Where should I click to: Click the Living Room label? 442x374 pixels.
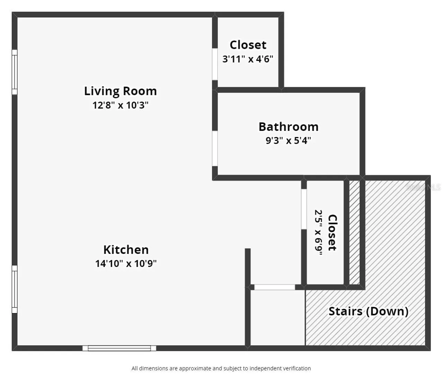[121, 91]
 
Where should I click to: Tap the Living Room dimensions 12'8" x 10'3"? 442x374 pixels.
[121, 105]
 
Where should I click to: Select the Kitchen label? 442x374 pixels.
[126, 250]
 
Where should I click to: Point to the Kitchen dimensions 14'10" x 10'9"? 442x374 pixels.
[126, 264]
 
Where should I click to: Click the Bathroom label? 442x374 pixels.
[289, 127]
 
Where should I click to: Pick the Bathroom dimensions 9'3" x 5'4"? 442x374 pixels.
[289, 141]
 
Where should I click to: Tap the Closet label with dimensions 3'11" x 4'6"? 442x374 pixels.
[248, 45]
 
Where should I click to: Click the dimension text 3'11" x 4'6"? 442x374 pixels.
[248, 59]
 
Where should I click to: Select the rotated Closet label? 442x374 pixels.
[333, 232]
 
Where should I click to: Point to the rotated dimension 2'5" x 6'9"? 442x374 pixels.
[318, 232]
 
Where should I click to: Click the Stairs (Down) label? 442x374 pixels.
[369, 311]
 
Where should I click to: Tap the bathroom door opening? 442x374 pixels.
[215, 149]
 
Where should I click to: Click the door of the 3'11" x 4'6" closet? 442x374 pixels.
[215, 64]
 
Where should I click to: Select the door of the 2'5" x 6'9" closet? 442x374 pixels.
[304, 209]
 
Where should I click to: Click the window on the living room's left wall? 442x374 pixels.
[15, 72]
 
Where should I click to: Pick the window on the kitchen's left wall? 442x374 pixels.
[15, 289]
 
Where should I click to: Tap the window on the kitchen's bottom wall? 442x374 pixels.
[119, 348]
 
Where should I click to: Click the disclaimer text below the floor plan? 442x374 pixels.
[221, 368]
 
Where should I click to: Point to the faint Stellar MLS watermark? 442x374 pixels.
[423, 187]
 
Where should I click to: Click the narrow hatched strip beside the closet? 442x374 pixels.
[354, 232]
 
